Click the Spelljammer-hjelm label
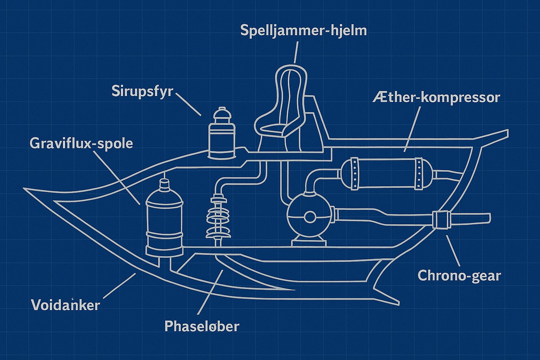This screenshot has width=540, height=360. tap(303, 31)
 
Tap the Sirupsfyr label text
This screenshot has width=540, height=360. tap(142, 91)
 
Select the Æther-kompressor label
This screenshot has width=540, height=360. tap(436, 97)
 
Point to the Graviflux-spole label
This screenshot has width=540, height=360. tap(81, 143)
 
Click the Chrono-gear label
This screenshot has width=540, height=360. tap(459, 275)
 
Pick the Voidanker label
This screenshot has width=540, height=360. tap(65, 304)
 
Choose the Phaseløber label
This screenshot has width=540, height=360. tap(202, 326)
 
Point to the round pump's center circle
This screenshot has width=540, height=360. tap(310, 217)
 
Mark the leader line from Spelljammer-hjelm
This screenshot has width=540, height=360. tap(296, 52)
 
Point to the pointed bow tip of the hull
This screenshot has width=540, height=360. tap(25, 189)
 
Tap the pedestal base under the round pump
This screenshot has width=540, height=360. tap(309, 242)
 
